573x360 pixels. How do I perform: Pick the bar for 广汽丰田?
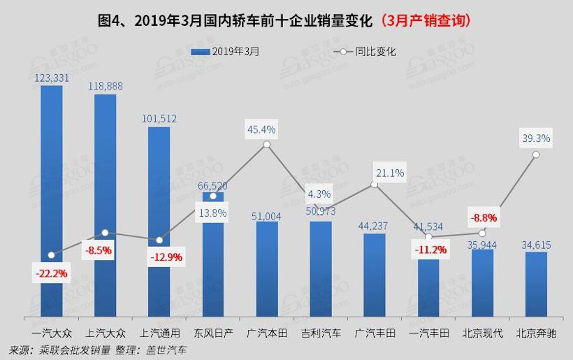point(374,276)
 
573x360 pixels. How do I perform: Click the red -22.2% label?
point(51,273)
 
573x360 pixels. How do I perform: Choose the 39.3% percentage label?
point(535,138)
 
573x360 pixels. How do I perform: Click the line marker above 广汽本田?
point(266,145)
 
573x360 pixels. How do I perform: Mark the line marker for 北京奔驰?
point(535,154)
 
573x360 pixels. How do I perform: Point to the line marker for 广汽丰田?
point(374,185)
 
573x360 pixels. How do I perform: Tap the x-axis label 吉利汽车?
point(320,333)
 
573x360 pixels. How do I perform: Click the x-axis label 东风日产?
point(212,333)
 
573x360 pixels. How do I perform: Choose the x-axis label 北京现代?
point(481,333)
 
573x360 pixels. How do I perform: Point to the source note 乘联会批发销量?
point(73,350)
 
